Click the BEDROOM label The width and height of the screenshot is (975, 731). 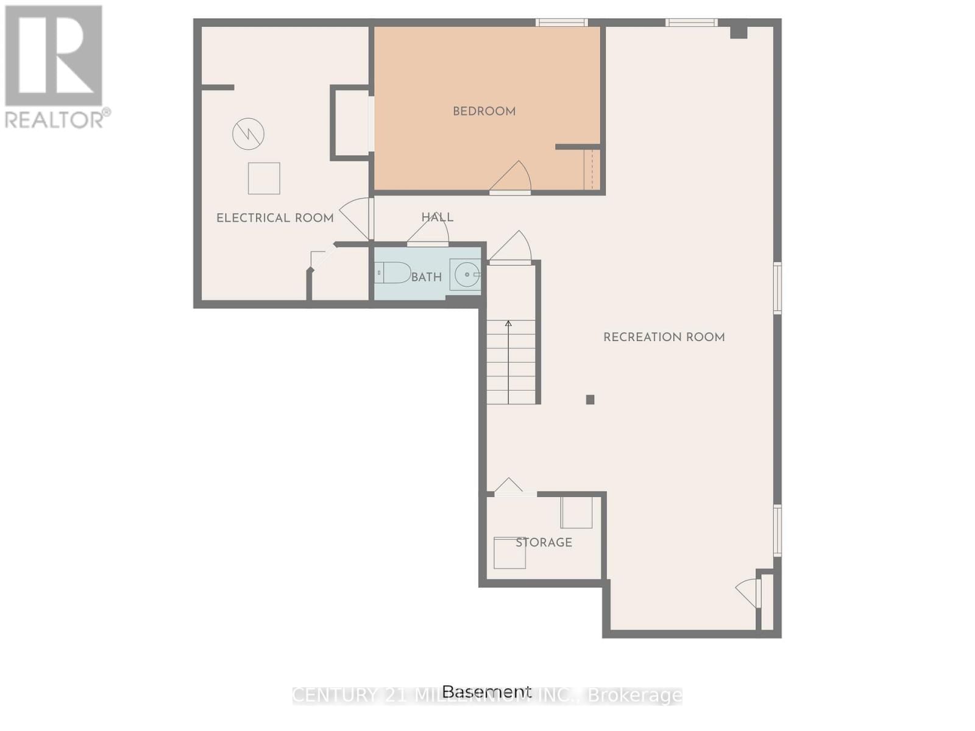484,111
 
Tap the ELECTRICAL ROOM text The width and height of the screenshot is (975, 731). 275,218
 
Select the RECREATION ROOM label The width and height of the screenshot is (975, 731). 664,337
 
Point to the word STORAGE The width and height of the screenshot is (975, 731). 544,543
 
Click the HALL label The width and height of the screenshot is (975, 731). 437,217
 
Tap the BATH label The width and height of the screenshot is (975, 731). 426,278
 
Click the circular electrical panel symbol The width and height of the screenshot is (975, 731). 248,133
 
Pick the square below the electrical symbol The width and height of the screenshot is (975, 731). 264,178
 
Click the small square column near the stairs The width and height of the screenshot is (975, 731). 590,400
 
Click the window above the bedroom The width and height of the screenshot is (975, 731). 562,23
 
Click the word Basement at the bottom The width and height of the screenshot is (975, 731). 486,691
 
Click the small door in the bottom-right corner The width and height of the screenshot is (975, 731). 750,593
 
